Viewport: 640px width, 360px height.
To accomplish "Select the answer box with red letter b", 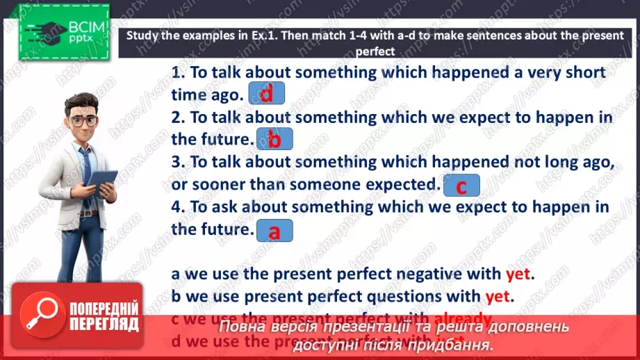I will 274,139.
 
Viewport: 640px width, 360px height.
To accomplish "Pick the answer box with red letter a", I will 274,231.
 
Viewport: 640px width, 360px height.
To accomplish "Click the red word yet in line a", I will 518,274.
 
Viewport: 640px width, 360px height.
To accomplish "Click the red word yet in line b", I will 498,297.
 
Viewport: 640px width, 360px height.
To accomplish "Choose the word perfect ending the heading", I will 375,51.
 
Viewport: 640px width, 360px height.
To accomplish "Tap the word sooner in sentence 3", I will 217,184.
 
